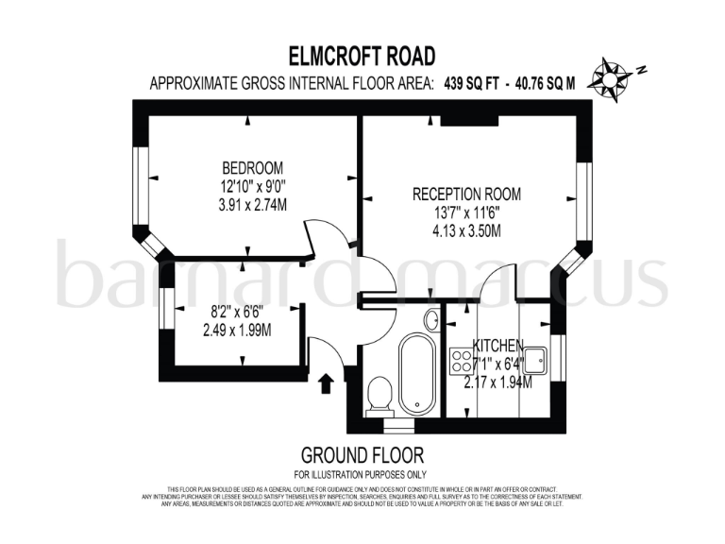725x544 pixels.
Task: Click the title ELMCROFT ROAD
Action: [x=362, y=56]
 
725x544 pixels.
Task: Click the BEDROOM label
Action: [x=252, y=169]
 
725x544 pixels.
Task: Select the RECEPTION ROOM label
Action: [x=465, y=195]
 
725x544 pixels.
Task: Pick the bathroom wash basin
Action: [x=431, y=320]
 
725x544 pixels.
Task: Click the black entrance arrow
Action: [x=326, y=382]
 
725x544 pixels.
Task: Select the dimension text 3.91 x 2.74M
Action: [x=252, y=203]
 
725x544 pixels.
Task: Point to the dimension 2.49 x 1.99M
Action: [x=237, y=331]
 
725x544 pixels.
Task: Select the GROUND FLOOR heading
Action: [x=362, y=455]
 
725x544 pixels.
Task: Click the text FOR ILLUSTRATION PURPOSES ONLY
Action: [x=362, y=474]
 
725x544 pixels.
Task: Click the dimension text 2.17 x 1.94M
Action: [x=497, y=382]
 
